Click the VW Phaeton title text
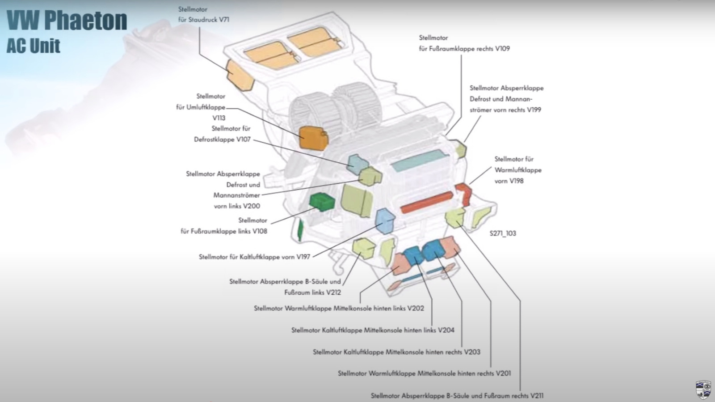[x=67, y=20]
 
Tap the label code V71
[x=224, y=20]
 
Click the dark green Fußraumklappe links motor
[x=322, y=202]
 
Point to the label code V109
[x=502, y=49]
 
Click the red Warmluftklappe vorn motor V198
[x=464, y=193]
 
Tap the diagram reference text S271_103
[x=503, y=233]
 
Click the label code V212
[x=333, y=292]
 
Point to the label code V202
[x=416, y=309]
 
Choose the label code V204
[x=446, y=330]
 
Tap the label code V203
[x=472, y=352]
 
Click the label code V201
[x=503, y=373]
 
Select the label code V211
[x=535, y=396]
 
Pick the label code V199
[x=534, y=110]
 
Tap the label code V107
[x=244, y=140]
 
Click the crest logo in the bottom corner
[x=703, y=389]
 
